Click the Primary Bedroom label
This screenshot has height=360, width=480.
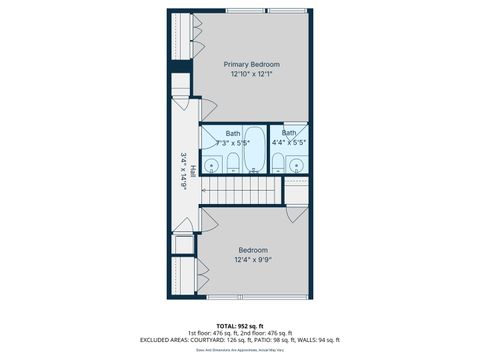tap(251, 65)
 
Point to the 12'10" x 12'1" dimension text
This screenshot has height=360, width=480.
tap(251, 74)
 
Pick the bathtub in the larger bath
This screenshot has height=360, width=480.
tap(255, 150)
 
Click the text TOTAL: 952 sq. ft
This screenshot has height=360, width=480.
tap(239, 326)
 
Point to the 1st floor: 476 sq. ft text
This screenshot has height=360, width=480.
tap(209, 333)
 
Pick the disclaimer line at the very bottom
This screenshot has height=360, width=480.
tap(239, 349)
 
